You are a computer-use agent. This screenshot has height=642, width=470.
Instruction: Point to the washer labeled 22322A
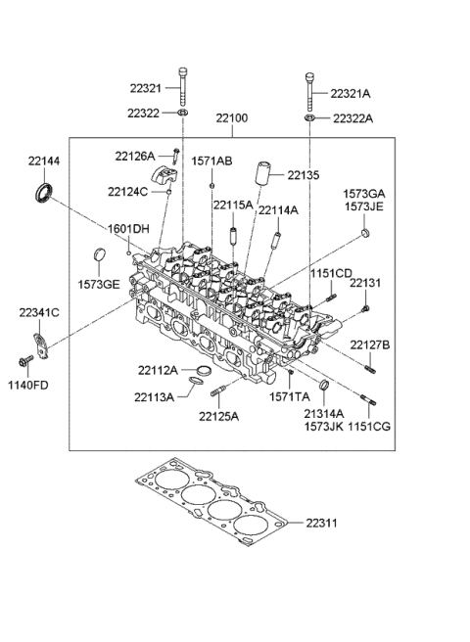coord(308,118)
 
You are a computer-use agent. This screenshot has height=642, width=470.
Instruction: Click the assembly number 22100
coord(232,118)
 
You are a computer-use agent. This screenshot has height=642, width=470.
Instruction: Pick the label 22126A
coord(134,155)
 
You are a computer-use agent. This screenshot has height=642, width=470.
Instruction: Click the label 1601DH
coord(128,228)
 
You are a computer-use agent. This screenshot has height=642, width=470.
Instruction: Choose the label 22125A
coord(218,416)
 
